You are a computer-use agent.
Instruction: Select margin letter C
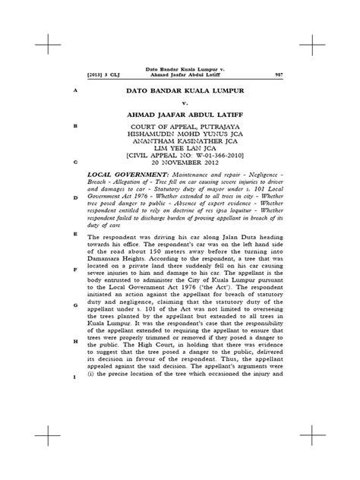[x=74, y=163]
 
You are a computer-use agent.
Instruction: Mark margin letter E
[x=74, y=235]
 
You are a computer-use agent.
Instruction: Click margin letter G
[x=74, y=305]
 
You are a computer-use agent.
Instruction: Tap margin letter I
[x=74, y=377]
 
